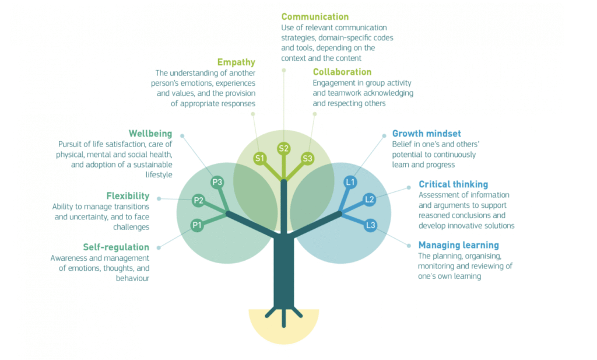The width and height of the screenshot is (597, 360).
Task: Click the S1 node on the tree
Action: point(259,158)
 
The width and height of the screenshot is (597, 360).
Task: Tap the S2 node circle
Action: point(284,148)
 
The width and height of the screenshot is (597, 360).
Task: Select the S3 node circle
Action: point(308,158)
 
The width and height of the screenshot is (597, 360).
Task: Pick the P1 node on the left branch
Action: point(197,225)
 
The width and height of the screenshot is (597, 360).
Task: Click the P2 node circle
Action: point(198,201)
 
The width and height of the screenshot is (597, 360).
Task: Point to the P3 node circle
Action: point(217,182)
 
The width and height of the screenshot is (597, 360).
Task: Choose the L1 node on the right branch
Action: point(350,182)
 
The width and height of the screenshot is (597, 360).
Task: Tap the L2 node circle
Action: point(369,200)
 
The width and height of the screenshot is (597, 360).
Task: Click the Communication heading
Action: point(315,17)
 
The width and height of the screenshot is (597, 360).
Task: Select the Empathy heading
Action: point(236,62)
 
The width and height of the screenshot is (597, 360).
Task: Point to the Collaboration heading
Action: point(342,72)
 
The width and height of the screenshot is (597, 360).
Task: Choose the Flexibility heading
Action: point(128,196)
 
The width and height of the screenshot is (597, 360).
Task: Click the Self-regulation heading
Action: point(116,247)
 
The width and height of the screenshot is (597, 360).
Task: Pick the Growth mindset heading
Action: point(426,134)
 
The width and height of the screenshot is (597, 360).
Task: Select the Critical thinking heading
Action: point(453,184)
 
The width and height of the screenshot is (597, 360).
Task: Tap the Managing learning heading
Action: point(458,245)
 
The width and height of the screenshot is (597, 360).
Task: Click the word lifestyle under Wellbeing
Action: point(158,174)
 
